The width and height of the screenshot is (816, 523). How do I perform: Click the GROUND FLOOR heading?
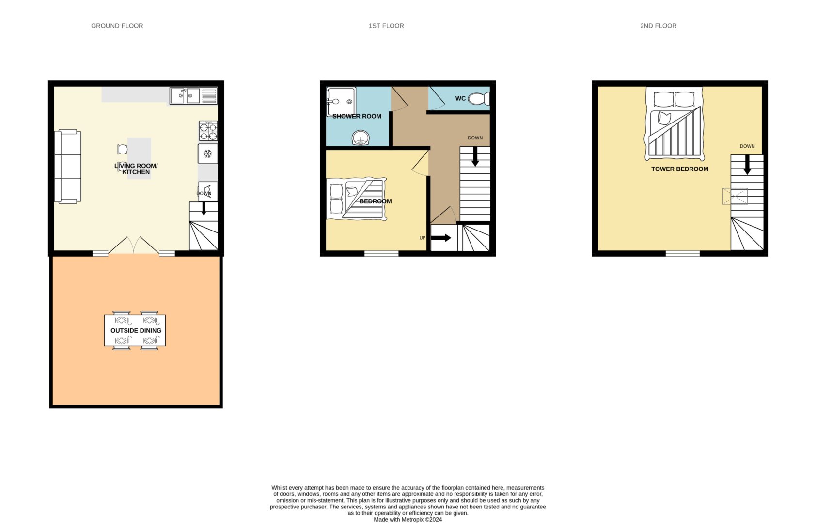click(117, 26)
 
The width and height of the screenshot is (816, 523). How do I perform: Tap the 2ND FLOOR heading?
click(658, 26)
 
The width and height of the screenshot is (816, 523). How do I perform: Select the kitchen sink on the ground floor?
click(193, 96)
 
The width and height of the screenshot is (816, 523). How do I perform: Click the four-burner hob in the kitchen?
click(208, 131)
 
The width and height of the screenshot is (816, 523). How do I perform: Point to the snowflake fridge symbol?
click(208, 154)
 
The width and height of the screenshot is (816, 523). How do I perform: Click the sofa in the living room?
click(68, 166)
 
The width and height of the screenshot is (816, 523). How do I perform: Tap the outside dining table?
click(135, 330)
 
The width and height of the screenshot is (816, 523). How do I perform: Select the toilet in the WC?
click(479, 99)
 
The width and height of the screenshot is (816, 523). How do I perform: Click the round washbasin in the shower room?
click(361, 138)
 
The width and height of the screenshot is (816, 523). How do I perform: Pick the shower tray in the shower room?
click(341, 102)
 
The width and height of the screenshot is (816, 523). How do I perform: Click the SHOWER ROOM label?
click(357, 117)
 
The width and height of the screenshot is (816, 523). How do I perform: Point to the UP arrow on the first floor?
click(441, 238)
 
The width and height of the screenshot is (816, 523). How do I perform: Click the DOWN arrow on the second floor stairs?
click(747, 165)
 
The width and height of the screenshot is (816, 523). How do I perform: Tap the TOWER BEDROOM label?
click(680, 169)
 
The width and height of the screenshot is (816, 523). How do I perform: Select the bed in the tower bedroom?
click(675, 124)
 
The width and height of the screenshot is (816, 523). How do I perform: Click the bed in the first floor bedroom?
click(356, 199)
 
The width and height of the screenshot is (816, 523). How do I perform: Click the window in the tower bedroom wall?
click(683, 254)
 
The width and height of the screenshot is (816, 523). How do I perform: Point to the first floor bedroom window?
click(381, 254)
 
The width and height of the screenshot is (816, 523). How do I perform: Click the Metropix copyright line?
click(408, 520)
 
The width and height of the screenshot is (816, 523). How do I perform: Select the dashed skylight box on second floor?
click(735, 196)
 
